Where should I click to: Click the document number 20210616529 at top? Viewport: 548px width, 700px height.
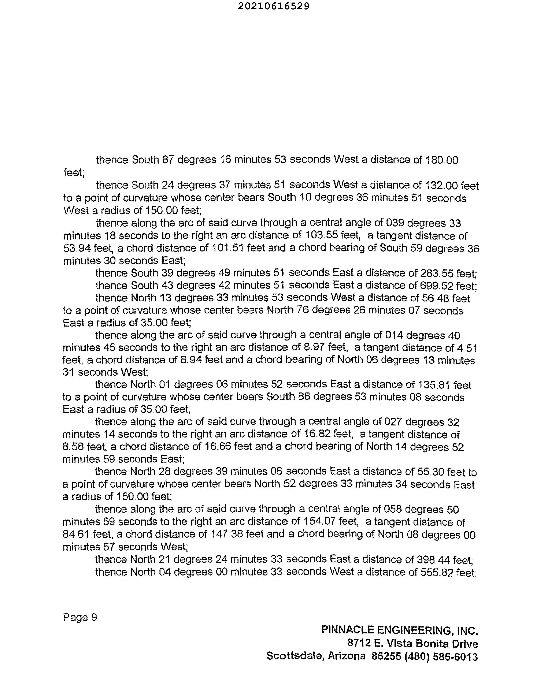[x=274, y=6]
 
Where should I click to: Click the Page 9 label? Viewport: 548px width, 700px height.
[x=80, y=617]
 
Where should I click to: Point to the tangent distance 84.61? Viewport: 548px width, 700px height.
[x=76, y=535]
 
